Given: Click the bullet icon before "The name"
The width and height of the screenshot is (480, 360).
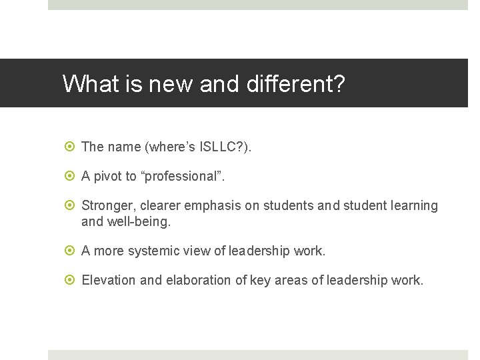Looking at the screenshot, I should [72, 147].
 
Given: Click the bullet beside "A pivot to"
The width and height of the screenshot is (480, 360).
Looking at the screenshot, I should [72, 176].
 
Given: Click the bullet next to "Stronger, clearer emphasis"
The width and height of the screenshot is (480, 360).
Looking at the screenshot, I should [72, 205].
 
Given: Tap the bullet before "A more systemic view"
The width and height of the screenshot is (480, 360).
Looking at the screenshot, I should [72, 251].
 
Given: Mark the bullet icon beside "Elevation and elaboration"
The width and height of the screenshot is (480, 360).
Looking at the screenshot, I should [72, 280].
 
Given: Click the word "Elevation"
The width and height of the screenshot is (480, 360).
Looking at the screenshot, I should [109, 280].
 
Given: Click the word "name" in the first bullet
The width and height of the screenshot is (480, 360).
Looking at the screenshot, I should [124, 147].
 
